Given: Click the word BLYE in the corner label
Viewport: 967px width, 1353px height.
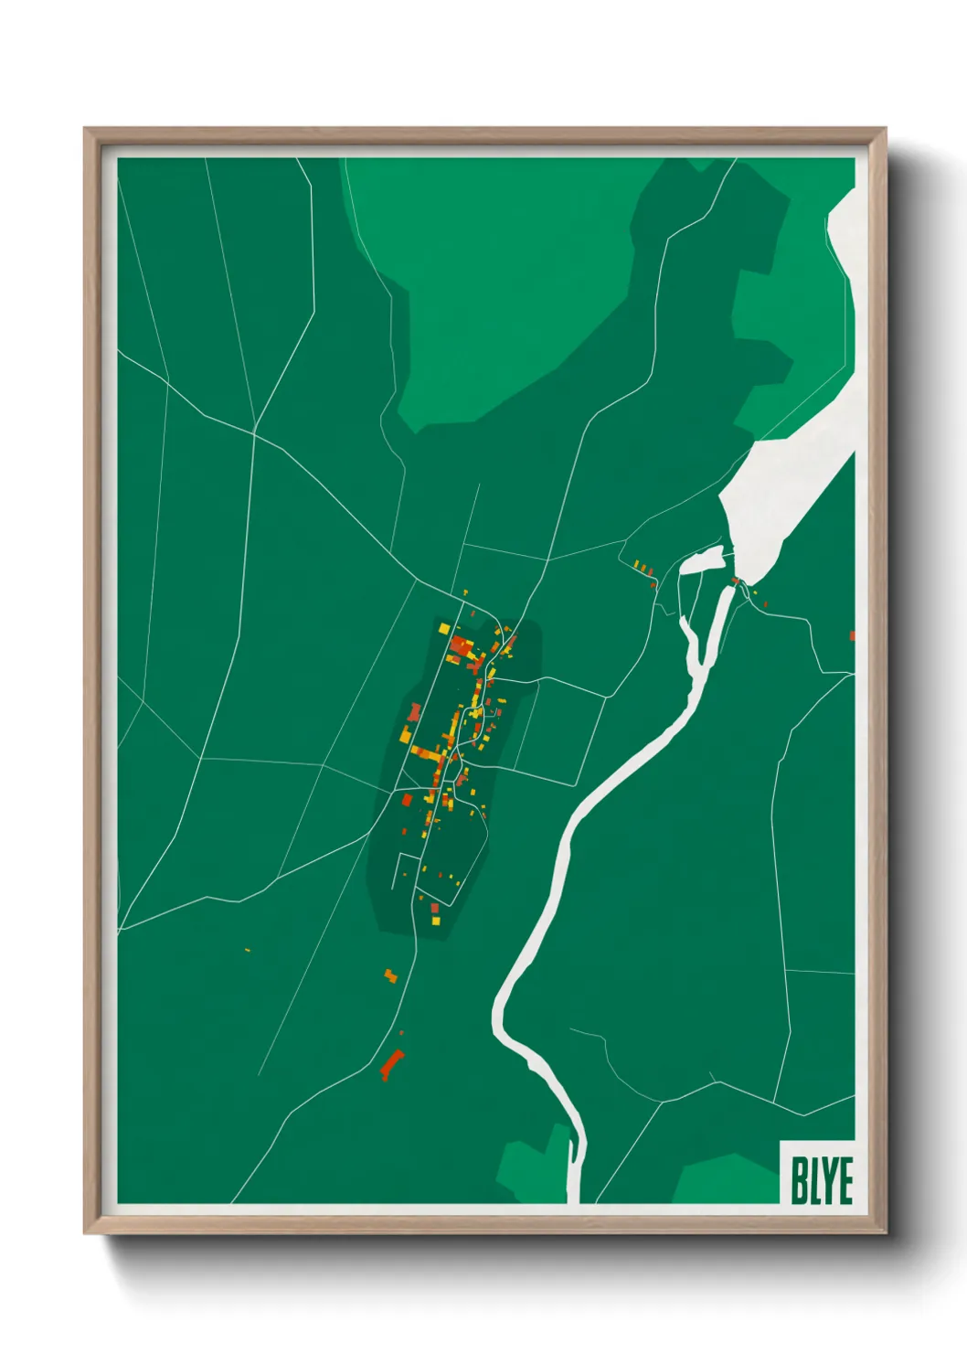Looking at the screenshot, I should click(821, 1180).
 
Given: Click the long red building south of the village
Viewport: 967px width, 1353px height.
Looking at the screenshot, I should click(392, 1065).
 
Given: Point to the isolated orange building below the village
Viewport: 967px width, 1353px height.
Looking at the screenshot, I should click(391, 975).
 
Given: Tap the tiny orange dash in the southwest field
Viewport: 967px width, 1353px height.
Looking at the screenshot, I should click(248, 951).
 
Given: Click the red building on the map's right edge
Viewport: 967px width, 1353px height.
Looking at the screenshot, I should click(852, 635).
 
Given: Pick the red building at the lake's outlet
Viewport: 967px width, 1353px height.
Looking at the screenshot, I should click(735, 580).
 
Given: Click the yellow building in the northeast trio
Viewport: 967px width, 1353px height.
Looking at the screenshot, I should click(637, 563).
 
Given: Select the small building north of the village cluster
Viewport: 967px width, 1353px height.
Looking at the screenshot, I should click(464, 592).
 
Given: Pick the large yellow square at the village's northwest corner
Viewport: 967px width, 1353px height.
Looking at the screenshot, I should click(445, 628).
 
